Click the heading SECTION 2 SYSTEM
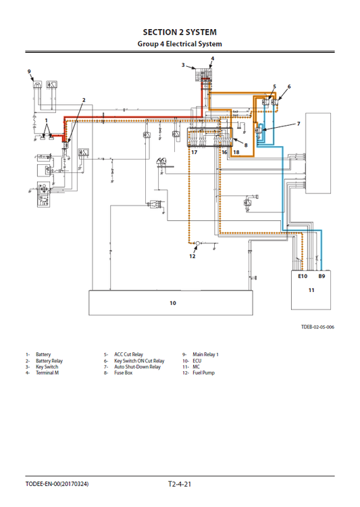[x=180, y=32]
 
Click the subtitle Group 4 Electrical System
[x=180, y=44]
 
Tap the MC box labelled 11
[x=311, y=291]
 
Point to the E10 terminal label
[x=302, y=276]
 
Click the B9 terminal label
[x=322, y=276]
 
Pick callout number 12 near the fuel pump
[x=192, y=256]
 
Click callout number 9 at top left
[x=29, y=71]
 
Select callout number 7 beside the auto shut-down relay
[x=298, y=124]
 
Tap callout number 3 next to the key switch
[x=183, y=65]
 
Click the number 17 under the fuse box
[x=194, y=153]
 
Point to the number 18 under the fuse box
[x=236, y=153]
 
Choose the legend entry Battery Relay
[x=49, y=360]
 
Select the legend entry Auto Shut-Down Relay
[x=138, y=366]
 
